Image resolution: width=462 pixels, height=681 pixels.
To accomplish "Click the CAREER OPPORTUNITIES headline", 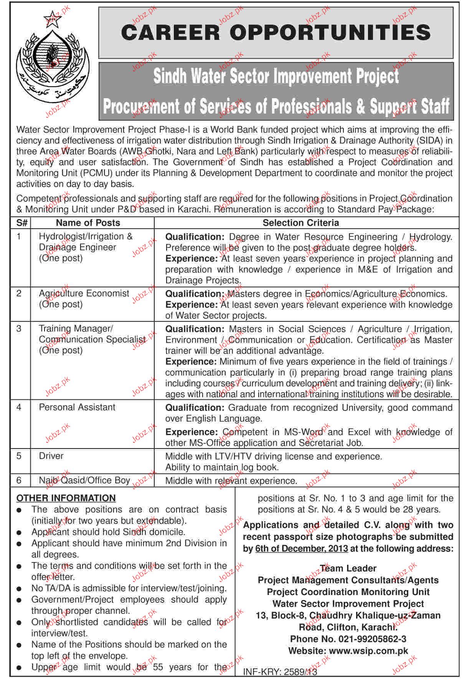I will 276,32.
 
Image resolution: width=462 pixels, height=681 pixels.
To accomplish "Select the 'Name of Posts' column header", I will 88,223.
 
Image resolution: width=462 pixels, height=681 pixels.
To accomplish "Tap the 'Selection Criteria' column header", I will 300,223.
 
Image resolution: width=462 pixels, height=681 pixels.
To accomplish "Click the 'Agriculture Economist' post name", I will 84,294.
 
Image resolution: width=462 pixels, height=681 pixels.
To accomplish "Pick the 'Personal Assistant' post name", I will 77,407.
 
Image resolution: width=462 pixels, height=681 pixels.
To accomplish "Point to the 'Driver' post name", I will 51,456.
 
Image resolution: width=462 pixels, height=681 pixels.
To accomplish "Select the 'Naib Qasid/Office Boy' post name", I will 84,481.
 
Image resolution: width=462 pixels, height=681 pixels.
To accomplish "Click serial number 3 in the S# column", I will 19,329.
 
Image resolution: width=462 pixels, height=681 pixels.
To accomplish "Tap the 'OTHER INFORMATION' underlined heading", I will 66,498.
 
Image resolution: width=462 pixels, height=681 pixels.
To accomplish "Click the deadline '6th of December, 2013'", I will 302,549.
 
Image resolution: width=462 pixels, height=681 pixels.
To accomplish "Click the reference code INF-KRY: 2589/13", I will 280,672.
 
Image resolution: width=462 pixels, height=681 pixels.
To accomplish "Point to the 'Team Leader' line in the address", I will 348,568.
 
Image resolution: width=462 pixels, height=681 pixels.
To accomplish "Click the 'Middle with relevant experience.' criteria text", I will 231,481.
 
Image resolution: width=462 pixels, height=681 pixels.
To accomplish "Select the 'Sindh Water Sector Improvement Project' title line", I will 276,76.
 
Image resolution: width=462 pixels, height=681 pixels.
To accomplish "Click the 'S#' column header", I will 20,223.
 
